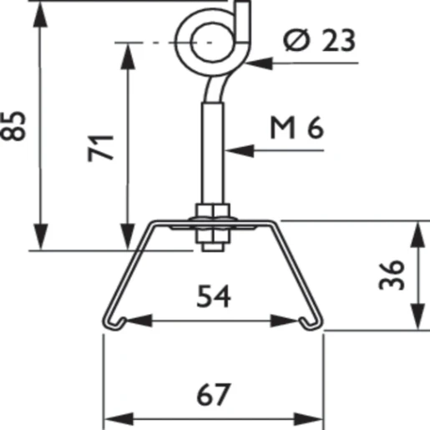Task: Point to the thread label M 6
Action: pos(296,128)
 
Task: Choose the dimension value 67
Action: pos(214,392)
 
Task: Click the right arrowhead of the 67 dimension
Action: pos(314,416)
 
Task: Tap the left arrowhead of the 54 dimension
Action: pos(134,320)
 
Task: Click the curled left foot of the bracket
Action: pos(113,319)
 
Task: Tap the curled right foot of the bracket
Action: pos(313,319)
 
